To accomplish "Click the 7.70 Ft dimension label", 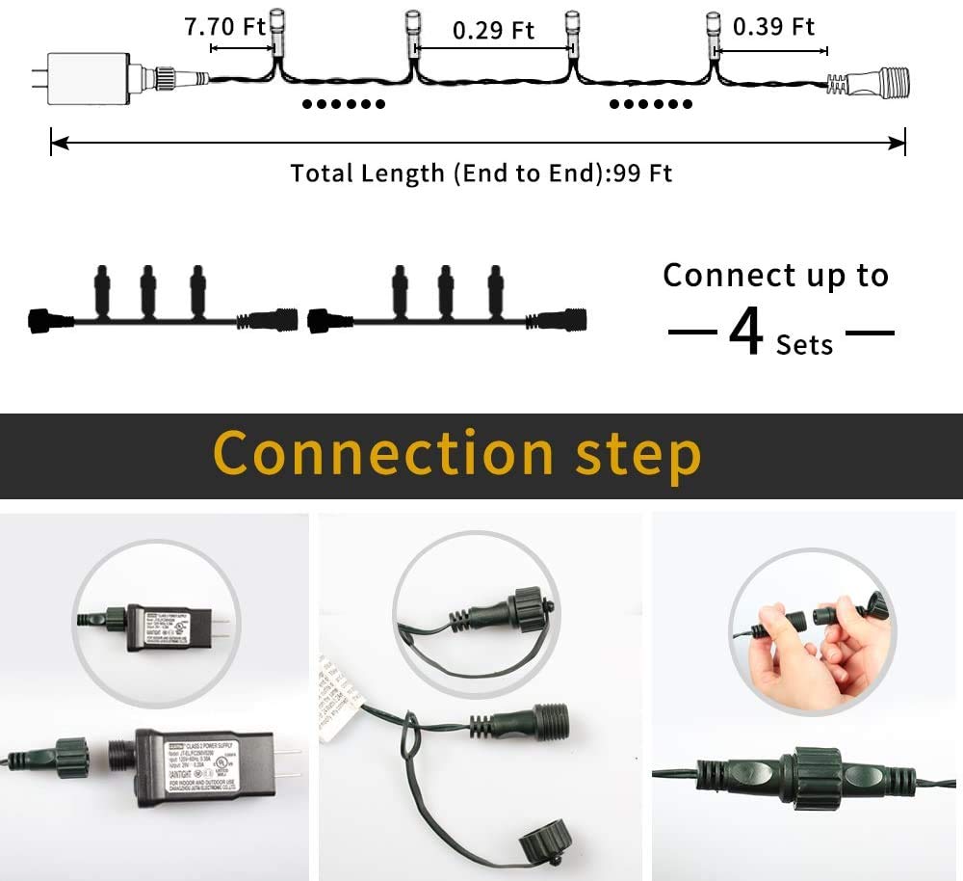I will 225,26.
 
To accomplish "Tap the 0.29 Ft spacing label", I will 493,30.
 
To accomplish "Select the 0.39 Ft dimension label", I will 773,26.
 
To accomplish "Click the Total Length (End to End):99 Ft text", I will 481,174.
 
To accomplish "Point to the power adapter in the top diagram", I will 88,76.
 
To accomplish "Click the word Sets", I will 804,344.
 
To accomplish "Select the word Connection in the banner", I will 382,454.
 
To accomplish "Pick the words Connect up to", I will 775,276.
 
